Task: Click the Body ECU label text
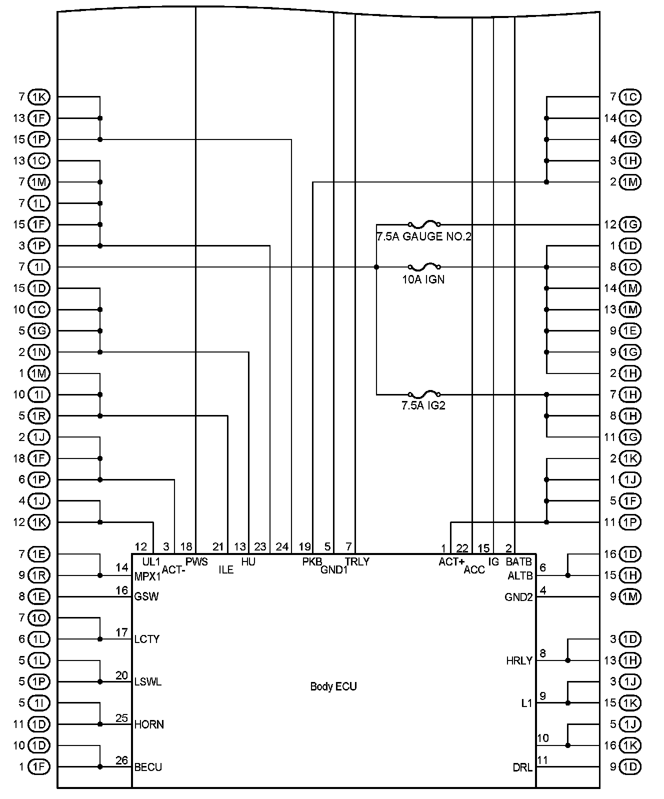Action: click(333, 686)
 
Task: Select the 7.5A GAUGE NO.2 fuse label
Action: click(423, 236)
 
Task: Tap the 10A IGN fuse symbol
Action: click(424, 267)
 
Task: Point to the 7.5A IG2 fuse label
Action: click(423, 405)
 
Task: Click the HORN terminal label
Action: click(149, 724)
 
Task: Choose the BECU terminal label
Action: click(148, 767)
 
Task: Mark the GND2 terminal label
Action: click(518, 597)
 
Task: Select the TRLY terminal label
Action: click(357, 561)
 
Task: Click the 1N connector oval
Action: click(39, 352)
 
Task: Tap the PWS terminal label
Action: click(196, 561)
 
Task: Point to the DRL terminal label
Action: click(522, 767)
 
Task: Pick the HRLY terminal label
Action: click(519, 661)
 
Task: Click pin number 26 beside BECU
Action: click(121, 760)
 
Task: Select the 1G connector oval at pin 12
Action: click(630, 224)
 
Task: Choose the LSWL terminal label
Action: click(148, 682)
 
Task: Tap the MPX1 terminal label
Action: click(147, 576)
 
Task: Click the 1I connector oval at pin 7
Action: click(39, 267)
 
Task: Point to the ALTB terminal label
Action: click(520, 575)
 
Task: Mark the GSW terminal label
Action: click(146, 597)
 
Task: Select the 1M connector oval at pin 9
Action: click(630, 597)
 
